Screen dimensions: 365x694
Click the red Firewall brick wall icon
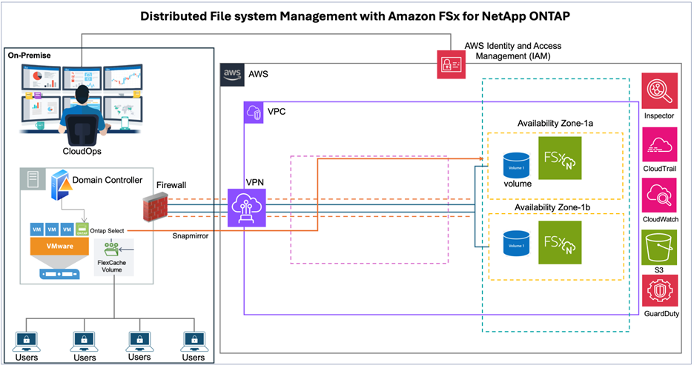(x=158, y=210)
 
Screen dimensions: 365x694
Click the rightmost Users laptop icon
(x=194, y=340)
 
